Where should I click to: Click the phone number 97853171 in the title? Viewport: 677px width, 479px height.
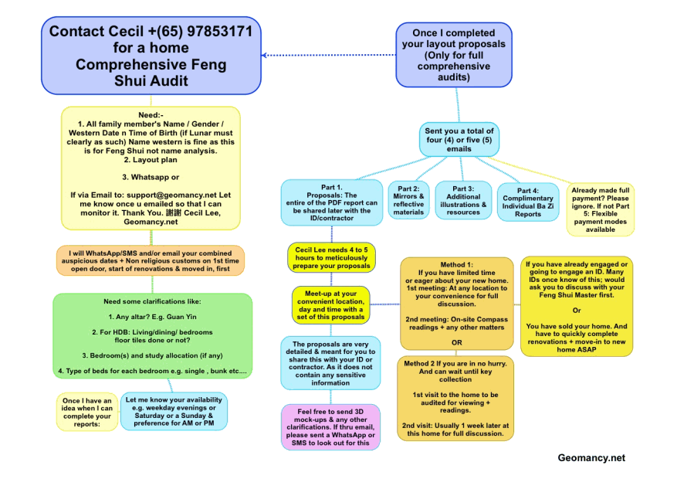pos(219,31)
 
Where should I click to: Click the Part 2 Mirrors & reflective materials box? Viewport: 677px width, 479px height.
pos(408,200)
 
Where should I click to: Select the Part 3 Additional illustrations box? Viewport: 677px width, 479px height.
pos(463,200)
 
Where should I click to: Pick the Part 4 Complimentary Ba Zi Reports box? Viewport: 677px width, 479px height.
pos(528,202)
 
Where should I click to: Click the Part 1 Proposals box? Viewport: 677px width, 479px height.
pos(332,202)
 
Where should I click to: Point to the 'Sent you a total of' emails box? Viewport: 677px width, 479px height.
pos(459,140)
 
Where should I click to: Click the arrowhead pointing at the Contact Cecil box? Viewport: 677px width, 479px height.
pos(264,56)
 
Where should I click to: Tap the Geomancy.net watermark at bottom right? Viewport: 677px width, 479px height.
pos(591,458)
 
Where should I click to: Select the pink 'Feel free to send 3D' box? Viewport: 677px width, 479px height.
pos(330,427)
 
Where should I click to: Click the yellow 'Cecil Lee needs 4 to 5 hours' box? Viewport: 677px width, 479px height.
pos(332,257)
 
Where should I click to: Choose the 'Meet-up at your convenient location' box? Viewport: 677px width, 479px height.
pos(330,305)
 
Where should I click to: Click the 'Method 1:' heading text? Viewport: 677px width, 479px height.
pos(456,265)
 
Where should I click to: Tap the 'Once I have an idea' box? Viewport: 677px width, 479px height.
pos(86,412)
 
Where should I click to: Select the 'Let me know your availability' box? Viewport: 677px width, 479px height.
pos(174,411)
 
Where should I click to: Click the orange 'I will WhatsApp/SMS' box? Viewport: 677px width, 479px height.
pos(151,260)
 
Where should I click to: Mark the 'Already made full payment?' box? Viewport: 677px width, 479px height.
pos(600,209)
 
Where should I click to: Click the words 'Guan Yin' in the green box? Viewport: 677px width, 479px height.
pos(181,317)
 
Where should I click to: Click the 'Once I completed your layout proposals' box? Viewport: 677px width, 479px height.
pos(454,55)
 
